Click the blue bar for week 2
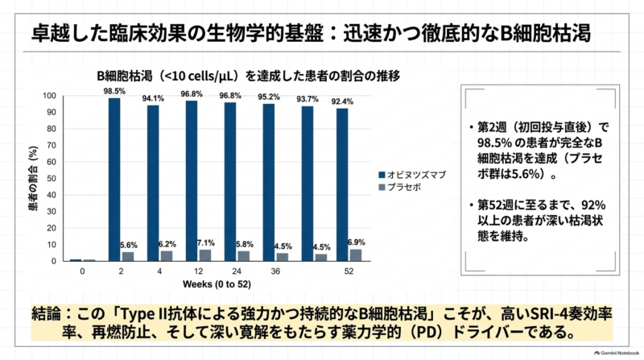(x=114, y=180)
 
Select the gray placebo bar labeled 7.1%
(x=205, y=255)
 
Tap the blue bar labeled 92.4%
(x=342, y=184)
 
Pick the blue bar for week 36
(x=269, y=183)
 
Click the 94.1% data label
(x=153, y=98)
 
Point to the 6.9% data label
(x=356, y=242)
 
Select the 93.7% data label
(x=308, y=99)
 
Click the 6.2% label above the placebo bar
(x=167, y=244)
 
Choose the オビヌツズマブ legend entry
(x=412, y=175)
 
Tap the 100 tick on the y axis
(x=49, y=96)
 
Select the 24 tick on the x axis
(x=237, y=271)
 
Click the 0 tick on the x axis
(x=82, y=271)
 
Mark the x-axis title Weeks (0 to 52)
(x=217, y=284)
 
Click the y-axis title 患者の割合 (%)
(x=33, y=178)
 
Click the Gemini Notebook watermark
(x=617, y=353)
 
